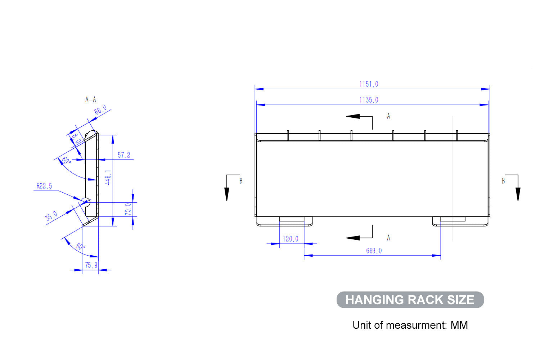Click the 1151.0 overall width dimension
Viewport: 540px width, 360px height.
point(369,84)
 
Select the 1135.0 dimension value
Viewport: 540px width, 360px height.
point(369,100)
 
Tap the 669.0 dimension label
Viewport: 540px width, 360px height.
point(374,251)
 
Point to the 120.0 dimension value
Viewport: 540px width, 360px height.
point(290,239)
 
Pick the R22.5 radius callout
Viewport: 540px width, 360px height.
point(44,186)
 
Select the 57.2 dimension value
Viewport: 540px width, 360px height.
point(124,155)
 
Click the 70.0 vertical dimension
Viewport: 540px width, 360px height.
point(128,209)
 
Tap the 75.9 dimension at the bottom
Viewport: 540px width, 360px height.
point(91,265)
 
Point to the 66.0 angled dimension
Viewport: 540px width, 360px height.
point(100,110)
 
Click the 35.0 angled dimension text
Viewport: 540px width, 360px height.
point(51,216)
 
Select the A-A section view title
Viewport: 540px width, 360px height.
point(90,99)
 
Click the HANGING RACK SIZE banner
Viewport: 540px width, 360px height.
point(410,300)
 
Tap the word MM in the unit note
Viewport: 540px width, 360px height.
point(459,325)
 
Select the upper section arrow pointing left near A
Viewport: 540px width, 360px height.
point(354,116)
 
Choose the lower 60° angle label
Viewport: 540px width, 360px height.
point(81,247)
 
